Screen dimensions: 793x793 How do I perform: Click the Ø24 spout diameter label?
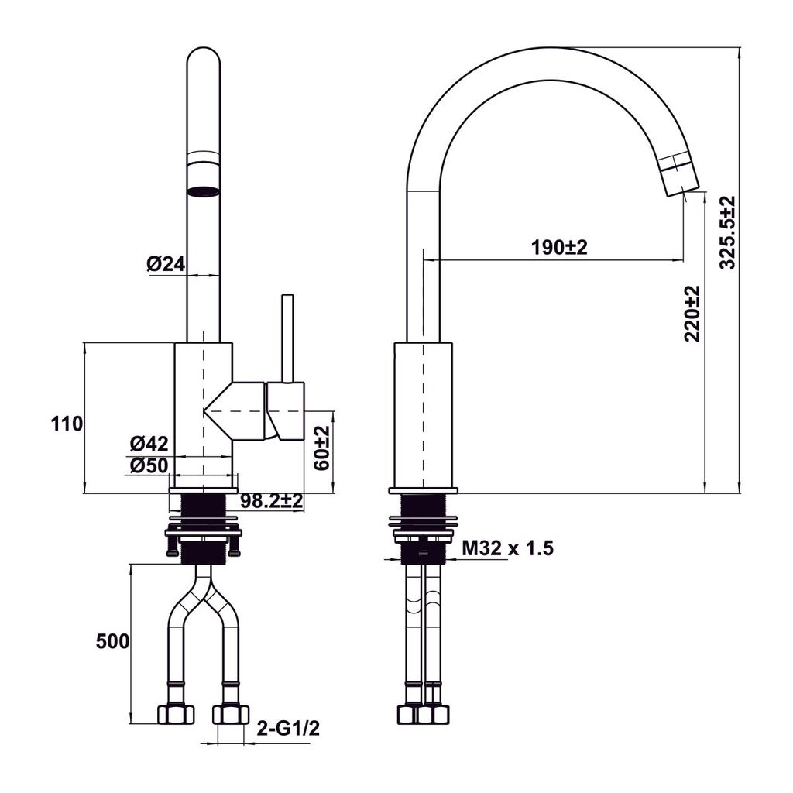click(x=166, y=264)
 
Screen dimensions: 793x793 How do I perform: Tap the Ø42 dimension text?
click(x=149, y=444)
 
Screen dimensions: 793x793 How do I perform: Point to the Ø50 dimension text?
click(x=149, y=465)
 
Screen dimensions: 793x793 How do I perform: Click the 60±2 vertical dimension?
click(x=322, y=448)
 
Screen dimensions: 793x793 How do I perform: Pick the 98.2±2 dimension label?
click(x=270, y=502)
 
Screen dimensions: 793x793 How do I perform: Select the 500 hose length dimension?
click(x=112, y=641)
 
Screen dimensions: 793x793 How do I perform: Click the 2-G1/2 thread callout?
click(x=289, y=728)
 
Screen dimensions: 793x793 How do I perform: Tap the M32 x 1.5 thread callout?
click(x=508, y=549)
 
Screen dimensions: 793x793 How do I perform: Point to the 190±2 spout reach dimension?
click(x=560, y=248)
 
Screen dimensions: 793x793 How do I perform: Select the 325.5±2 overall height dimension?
click(x=727, y=232)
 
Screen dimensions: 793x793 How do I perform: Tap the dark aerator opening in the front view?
click(x=204, y=191)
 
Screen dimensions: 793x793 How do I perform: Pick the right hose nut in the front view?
click(x=231, y=713)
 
